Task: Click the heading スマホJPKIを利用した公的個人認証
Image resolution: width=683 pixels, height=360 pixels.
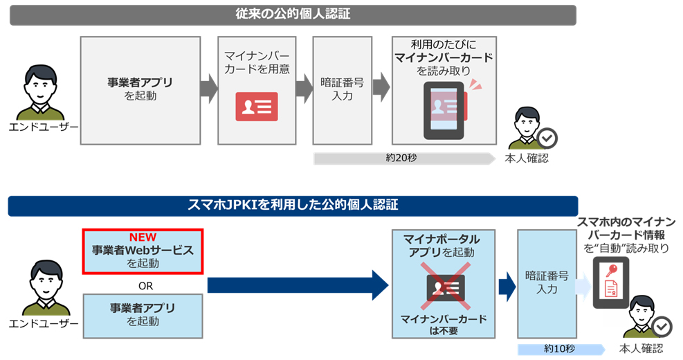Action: [293, 205]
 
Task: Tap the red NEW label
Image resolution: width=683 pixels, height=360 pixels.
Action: [142, 237]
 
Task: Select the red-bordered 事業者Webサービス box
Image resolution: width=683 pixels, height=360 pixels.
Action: [142, 251]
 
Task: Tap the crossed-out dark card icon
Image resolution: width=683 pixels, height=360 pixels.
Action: [445, 286]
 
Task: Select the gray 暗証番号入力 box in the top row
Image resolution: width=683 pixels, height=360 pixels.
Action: [337, 90]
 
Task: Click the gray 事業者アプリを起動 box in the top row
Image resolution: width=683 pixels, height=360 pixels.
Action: [140, 90]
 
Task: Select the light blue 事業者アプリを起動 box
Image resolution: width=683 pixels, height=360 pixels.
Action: [142, 315]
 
